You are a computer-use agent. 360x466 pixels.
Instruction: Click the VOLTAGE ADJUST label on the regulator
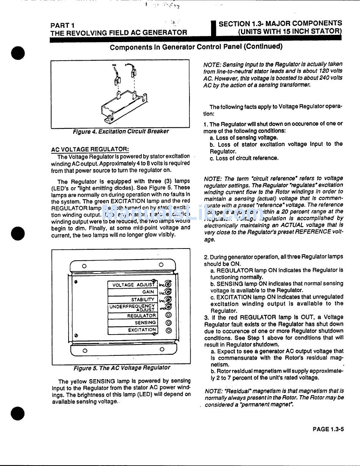click(x=132, y=285)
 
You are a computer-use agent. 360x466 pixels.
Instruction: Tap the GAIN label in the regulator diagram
click(x=148, y=292)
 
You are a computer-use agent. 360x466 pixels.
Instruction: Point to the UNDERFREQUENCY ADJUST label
click(x=132, y=307)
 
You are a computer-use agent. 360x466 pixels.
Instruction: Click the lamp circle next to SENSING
click(x=169, y=323)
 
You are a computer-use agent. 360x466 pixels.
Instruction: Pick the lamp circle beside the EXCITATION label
click(x=169, y=330)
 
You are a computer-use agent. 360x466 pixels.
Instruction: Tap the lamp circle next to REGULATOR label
click(x=169, y=315)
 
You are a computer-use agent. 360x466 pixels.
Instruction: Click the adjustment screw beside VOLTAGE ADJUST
click(x=168, y=285)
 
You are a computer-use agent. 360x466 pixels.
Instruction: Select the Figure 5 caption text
click(x=122, y=367)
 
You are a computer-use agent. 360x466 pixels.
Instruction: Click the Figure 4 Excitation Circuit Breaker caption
click(x=121, y=131)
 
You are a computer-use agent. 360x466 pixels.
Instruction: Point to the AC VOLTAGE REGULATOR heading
click(x=90, y=149)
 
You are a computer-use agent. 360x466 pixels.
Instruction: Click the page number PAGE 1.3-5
click(x=328, y=429)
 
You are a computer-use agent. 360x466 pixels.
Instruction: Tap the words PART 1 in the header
click(x=62, y=25)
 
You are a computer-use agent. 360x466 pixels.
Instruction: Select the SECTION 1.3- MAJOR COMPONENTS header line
click(x=280, y=23)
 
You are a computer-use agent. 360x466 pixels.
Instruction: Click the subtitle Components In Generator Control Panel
click(x=196, y=47)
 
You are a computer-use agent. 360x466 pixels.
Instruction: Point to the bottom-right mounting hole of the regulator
click(x=162, y=349)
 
